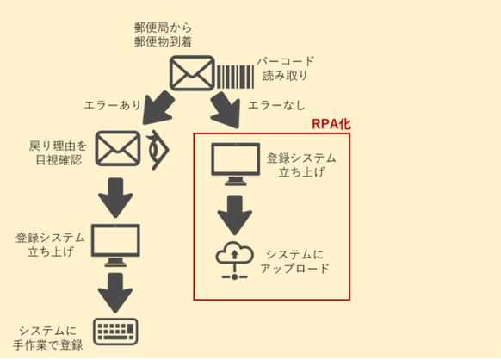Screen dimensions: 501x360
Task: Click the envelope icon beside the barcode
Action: coord(192,73)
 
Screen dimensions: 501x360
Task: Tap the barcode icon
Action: coord(236,77)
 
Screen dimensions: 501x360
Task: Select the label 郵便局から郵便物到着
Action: coord(163,34)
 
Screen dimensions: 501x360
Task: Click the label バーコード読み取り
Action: coord(285,68)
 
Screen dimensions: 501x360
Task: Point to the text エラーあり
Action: coord(113,105)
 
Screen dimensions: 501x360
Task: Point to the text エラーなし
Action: coord(276,105)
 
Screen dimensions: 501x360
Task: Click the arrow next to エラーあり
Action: coord(158,108)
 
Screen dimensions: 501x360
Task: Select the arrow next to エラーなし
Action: coord(226,109)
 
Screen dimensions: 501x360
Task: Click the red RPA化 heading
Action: coord(331,124)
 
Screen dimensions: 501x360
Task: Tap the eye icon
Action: coord(158,150)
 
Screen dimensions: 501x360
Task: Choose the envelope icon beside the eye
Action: coord(118,148)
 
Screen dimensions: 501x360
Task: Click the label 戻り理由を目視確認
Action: coord(58,152)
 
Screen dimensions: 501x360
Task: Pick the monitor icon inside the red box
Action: coord(236,164)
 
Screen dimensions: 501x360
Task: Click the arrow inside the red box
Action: coord(235,215)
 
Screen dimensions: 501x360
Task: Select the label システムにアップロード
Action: coord(294,262)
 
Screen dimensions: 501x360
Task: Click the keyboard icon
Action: coord(115,332)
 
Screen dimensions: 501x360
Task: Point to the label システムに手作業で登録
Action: coord(48,338)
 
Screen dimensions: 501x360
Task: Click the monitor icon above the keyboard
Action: coord(115,245)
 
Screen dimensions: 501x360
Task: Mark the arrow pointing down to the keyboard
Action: coord(115,293)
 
